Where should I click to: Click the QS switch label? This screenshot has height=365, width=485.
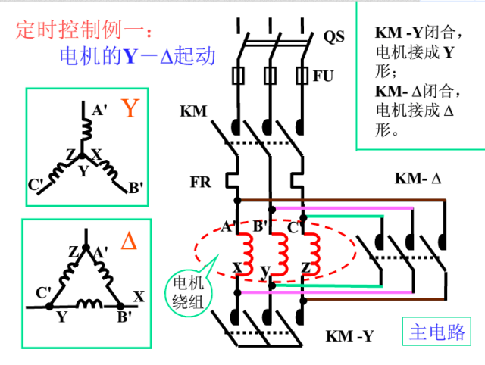[x=334, y=36]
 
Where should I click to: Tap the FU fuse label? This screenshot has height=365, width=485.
[x=324, y=76]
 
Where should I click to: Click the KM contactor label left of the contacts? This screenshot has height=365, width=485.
[x=193, y=112]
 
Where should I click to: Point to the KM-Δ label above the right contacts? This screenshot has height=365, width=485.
[x=417, y=179]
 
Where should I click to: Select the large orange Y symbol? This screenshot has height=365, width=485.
[x=130, y=109]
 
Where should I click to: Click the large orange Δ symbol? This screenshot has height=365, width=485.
[x=130, y=242]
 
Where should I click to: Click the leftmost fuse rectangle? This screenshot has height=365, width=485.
[x=238, y=76]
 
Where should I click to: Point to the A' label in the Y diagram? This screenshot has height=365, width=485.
[x=99, y=111]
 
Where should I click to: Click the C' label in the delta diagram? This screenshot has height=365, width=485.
[x=43, y=292]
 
